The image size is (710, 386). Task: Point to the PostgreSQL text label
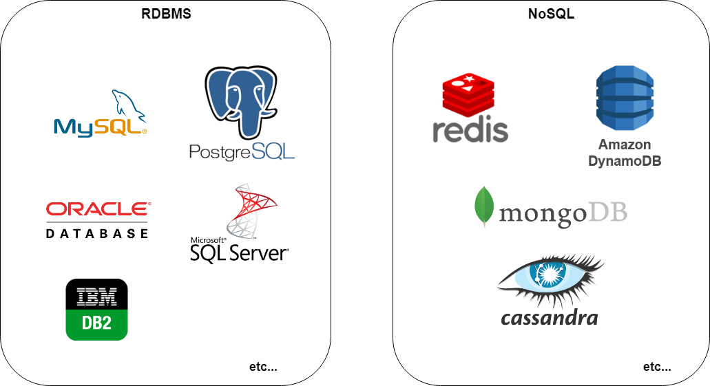click(x=242, y=151)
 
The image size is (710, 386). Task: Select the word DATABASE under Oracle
click(x=97, y=233)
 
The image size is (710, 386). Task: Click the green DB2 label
click(x=96, y=323)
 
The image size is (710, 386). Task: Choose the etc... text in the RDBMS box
click(x=263, y=367)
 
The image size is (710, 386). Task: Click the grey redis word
click(x=470, y=129)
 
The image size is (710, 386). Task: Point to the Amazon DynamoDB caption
click(x=625, y=153)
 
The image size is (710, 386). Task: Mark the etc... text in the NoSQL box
click(x=657, y=367)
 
